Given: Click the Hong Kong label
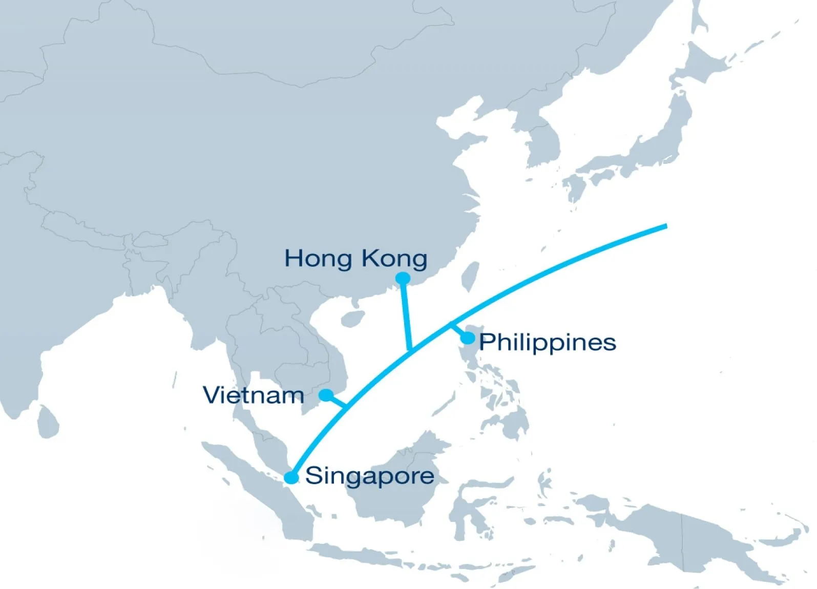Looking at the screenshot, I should click(355, 259).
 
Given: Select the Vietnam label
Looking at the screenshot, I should click(254, 395).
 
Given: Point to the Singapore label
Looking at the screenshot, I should click(369, 476).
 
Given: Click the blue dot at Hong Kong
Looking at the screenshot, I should click(404, 278).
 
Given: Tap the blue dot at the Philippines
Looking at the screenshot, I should click(468, 338).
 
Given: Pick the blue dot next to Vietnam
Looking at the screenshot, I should click(326, 395).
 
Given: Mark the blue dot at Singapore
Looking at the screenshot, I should click(291, 477).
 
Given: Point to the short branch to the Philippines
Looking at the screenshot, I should click(457, 330).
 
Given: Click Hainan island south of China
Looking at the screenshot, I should click(353, 319).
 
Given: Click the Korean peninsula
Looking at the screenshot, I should click(540, 138).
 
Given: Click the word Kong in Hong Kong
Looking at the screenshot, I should click(394, 259).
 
